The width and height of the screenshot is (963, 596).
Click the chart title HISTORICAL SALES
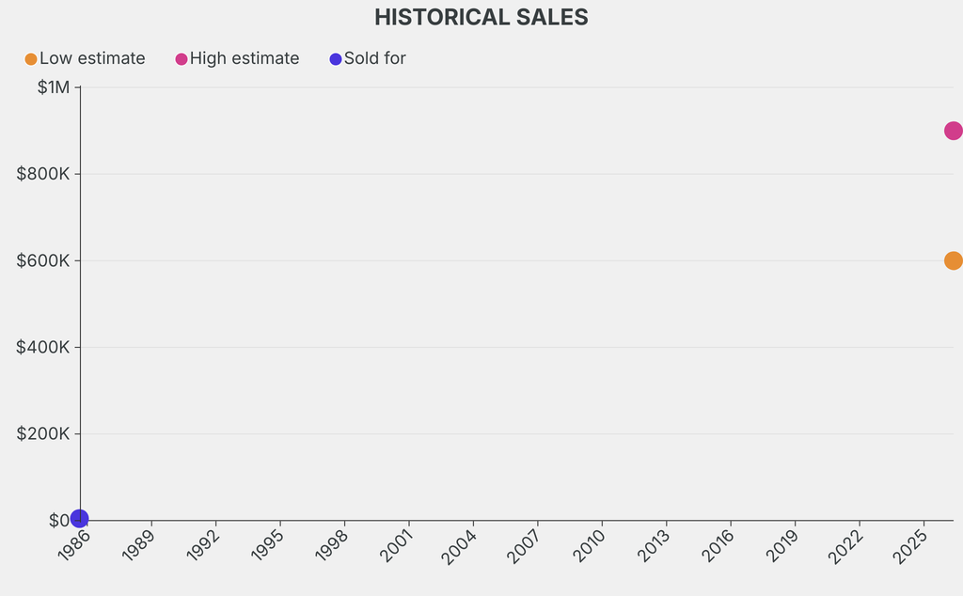[x=481, y=17]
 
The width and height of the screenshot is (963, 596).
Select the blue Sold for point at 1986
[x=79, y=519]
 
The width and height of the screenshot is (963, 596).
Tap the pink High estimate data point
[x=954, y=131]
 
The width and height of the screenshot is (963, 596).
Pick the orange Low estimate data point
[x=954, y=260]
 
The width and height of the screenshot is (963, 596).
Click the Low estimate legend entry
[x=85, y=59]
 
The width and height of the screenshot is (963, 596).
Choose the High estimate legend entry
[x=237, y=59]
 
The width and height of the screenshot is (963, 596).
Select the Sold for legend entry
[x=368, y=59]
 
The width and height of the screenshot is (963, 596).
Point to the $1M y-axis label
[x=54, y=87]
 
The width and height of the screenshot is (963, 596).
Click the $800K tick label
[x=43, y=174]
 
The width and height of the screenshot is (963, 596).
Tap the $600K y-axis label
[x=43, y=260]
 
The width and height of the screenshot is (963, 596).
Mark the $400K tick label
[x=43, y=348]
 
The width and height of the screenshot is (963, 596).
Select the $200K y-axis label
[x=43, y=434]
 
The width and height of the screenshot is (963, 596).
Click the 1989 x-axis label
[x=138, y=545]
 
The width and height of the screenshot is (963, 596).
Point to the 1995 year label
[x=266, y=545]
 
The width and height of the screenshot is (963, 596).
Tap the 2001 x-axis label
[x=396, y=545]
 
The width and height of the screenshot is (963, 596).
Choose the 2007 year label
[x=524, y=546]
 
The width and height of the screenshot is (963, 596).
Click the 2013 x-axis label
[x=653, y=545]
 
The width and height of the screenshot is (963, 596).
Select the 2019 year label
[x=781, y=545]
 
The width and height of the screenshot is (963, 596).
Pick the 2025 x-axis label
[x=909, y=546]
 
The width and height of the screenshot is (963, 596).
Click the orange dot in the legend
[x=31, y=59]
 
